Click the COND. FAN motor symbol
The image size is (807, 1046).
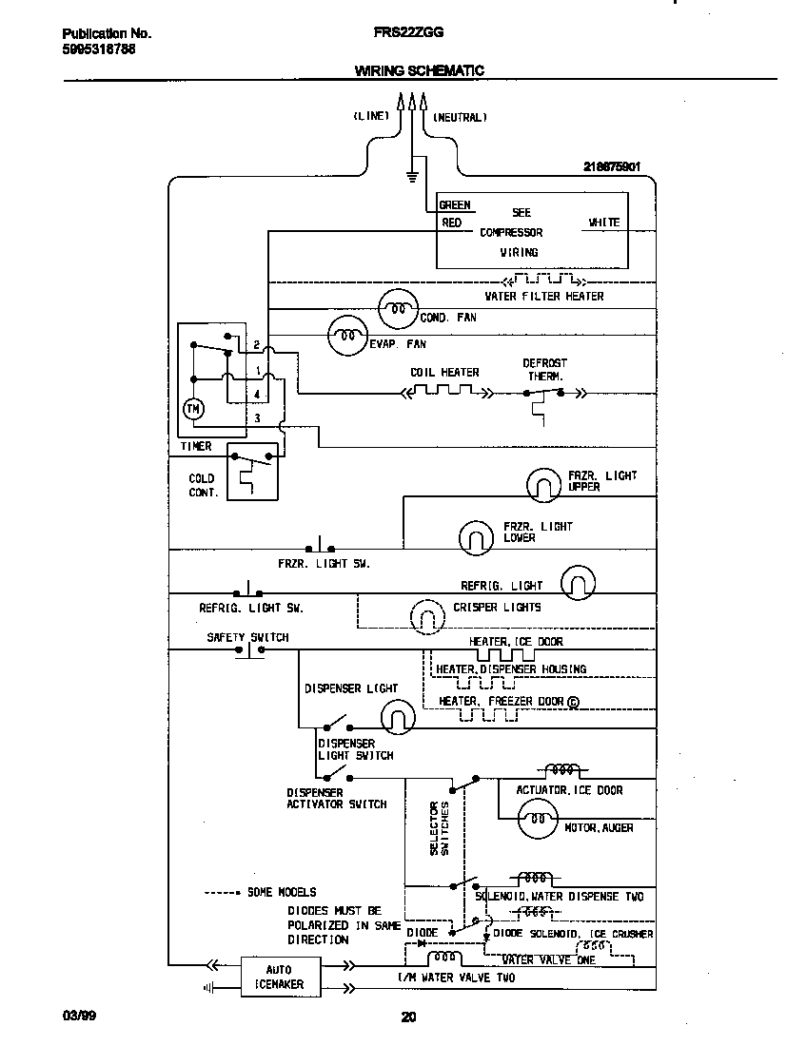(x=398, y=307)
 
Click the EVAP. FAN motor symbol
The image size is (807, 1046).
(x=347, y=334)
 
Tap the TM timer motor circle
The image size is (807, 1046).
(x=193, y=409)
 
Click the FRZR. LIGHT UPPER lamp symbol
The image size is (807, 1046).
(x=545, y=485)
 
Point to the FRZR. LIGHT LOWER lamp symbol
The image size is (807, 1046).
(x=475, y=537)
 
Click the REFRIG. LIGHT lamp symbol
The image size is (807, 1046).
(x=578, y=582)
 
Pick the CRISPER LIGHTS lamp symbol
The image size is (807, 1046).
(x=426, y=617)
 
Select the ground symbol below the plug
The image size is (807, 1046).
(x=411, y=175)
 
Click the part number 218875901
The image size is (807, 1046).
(x=611, y=166)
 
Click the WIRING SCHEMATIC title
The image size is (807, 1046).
(x=420, y=70)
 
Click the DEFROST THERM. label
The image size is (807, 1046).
(x=544, y=369)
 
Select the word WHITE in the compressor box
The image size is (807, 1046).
(x=603, y=223)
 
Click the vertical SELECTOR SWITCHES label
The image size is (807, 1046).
(x=439, y=827)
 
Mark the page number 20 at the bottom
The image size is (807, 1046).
(x=408, y=1017)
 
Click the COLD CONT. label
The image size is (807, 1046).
(x=203, y=485)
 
